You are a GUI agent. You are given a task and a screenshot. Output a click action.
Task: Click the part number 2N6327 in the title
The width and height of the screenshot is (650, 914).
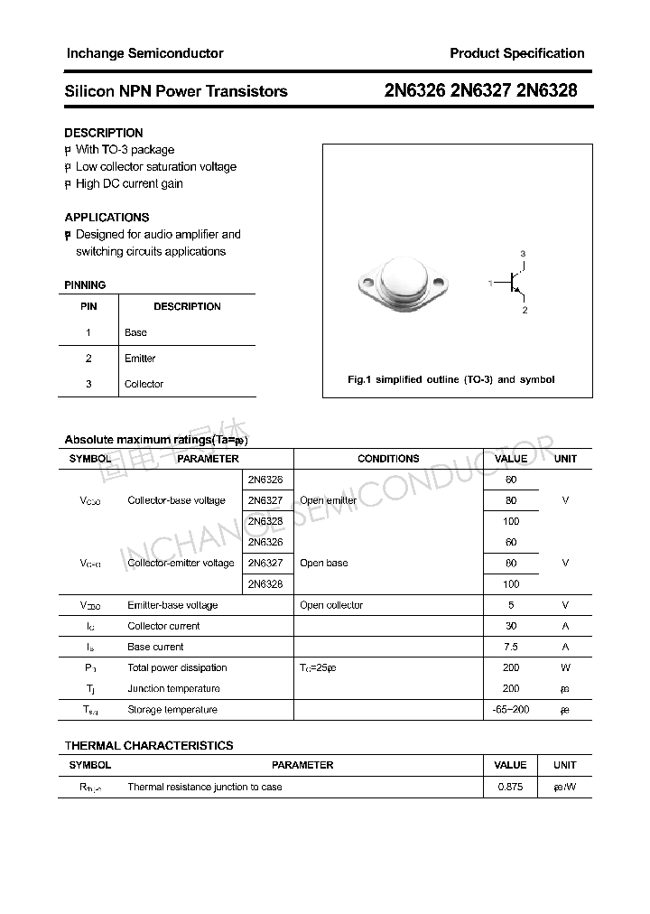click(x=481, y=91)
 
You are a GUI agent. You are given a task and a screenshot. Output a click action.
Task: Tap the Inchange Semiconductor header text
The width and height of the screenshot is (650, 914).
click(x=144, y=53)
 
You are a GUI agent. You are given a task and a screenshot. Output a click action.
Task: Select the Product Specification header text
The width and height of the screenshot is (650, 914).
click(x=516, y=53)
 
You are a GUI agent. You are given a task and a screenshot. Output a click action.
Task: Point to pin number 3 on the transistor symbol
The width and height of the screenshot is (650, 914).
click(x=523, y=254)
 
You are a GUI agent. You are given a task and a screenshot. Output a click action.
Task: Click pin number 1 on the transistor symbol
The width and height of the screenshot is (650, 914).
click(x=490, y=284)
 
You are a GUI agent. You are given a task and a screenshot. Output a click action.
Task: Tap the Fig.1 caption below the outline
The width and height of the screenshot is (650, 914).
click(x=451, y=379)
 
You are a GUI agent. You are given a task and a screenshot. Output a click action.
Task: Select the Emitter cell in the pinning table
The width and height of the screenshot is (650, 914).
click(x=140, y=359)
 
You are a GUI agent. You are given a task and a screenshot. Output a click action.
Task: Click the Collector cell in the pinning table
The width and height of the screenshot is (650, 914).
click(x=144, y=384)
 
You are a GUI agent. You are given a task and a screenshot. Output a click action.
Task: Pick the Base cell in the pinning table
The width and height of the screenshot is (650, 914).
click(x=135, y=332)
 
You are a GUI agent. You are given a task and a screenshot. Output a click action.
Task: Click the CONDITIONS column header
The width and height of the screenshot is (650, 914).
click(x=388, y=459)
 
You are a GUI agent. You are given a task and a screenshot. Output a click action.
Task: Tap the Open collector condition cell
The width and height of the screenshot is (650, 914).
click(x=331, y=605)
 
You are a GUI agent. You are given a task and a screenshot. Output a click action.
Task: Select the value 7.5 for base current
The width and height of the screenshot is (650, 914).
click(x=511, y=647)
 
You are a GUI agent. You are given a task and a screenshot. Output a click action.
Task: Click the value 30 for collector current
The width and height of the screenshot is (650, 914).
click(x=511, y=626)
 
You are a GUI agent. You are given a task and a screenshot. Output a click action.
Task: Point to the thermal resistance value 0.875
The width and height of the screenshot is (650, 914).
click(x=510, y=787)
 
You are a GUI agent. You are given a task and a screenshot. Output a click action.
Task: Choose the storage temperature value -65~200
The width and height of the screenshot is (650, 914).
click(x=511, y=710)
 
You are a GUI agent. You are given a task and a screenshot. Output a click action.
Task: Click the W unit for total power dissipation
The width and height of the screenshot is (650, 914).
click(x=565, y=667)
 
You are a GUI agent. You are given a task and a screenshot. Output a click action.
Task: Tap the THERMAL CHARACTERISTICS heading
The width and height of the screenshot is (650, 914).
click(x=149, y=746)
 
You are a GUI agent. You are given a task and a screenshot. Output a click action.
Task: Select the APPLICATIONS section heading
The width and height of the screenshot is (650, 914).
click(x=107, y=218)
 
